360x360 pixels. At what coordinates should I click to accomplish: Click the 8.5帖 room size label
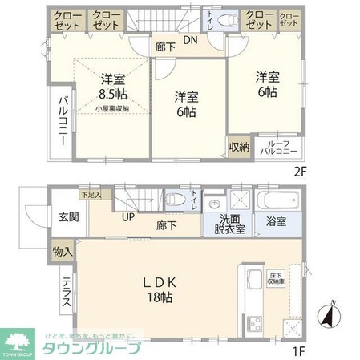click(112, 94)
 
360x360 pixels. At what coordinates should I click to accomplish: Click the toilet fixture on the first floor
click(174, 199)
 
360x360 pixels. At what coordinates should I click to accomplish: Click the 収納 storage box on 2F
click(239, 148)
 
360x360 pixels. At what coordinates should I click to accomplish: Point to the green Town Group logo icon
click(20, 337)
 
